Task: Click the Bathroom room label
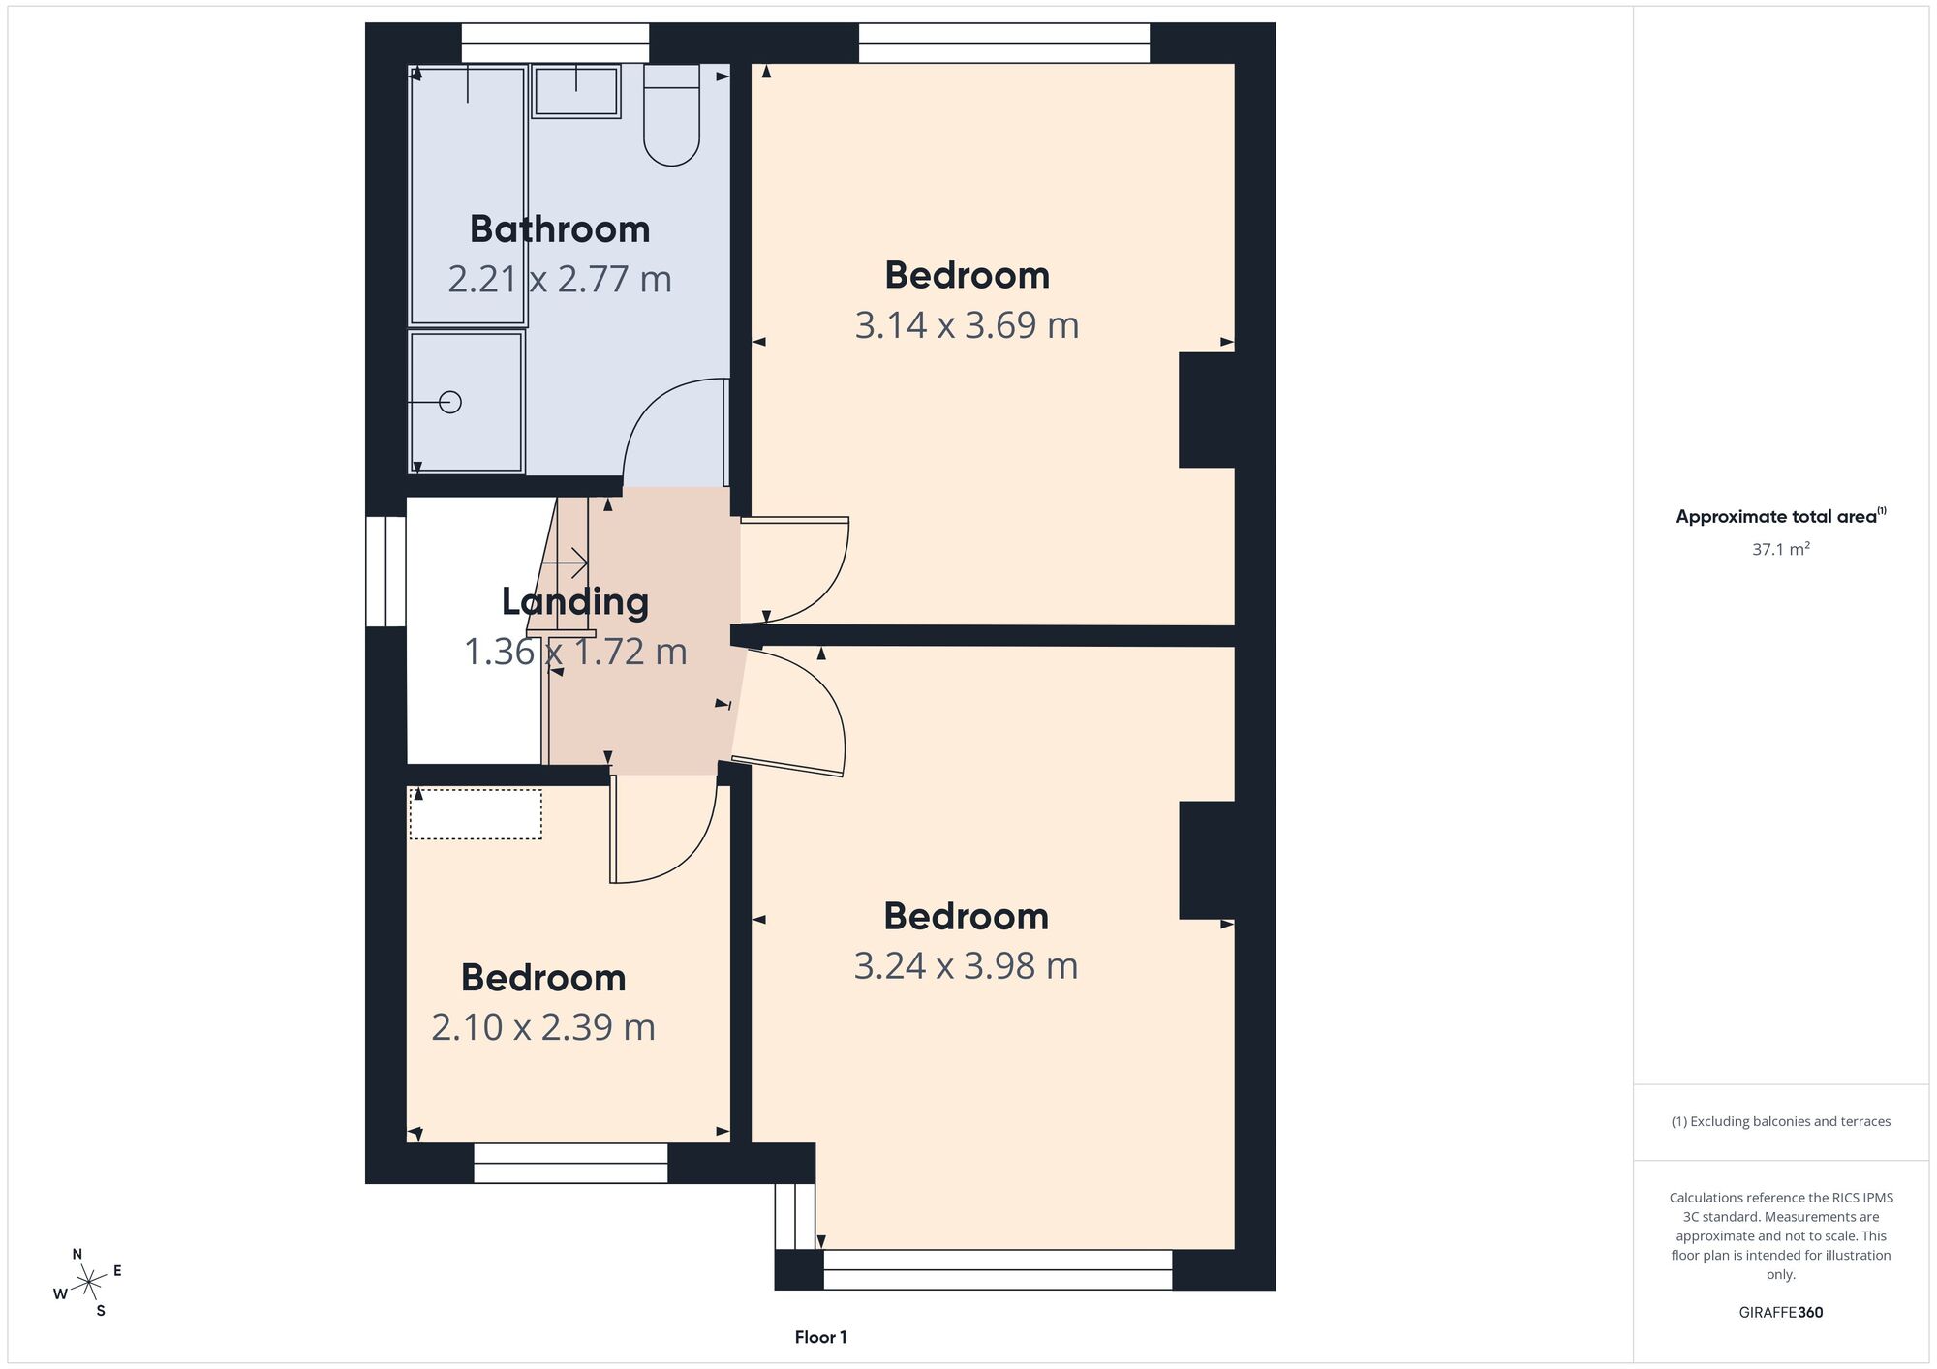[x=560, y=229]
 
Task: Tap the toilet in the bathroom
[x=672, y=114]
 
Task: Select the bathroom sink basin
[x=575, y=91]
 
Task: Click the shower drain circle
[x=450, y=402]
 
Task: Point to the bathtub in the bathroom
[x=469, y=195]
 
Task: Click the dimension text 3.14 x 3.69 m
[x=967, y=325]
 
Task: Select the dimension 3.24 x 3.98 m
[x=966, y=966]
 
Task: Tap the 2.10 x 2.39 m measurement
[x=543, y=1027]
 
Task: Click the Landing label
[x=575, y=602]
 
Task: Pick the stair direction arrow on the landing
[x=566, y=562]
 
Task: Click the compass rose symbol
[x=89, y=1283]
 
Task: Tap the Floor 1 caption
[x=820, y=1337]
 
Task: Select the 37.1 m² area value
[x=1781, y=549]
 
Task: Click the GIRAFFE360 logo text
[x=1781, y=1313]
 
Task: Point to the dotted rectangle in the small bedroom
[x=476, y=814]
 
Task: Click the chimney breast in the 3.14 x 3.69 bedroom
[x=1207, y=411]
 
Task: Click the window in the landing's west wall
[x=385, y=571]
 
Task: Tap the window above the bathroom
[x=555, y=44]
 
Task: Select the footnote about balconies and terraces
[x=1781, y=1121]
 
